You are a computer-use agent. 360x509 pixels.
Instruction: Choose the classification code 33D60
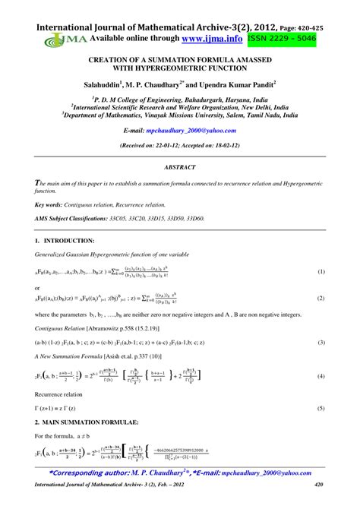click(194, 218)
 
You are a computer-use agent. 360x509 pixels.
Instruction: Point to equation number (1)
click(321, 271)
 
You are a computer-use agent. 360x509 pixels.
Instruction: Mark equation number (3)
click(321, 343)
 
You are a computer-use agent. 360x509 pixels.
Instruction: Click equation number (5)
click(321, 409)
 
